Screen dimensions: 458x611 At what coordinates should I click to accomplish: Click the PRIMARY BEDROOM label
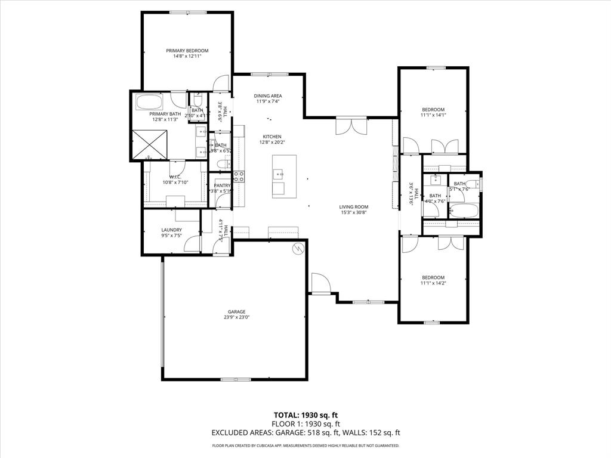[187, 51]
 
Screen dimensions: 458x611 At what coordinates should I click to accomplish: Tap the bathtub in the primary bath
[149, 101]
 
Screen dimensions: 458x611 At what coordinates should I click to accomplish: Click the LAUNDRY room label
[171, 230]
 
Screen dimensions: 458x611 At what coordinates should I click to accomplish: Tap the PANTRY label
[222, 185]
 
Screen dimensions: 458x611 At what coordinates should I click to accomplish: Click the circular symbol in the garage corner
[297, 250]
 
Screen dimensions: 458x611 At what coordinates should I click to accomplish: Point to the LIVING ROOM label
[354, 206]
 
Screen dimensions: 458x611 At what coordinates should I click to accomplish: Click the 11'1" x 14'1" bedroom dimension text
[433, 116]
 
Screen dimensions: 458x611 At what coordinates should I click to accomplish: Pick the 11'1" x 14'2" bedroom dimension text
[433, 284]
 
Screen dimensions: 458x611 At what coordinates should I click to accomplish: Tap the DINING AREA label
[267, 95]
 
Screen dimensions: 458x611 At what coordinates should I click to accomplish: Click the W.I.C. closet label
[175, 177]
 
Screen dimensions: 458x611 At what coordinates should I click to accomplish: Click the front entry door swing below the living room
[320, 284]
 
